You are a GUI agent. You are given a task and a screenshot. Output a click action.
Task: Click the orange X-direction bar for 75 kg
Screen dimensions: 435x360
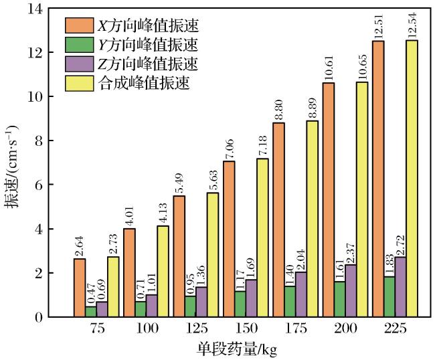(x=80, y=288)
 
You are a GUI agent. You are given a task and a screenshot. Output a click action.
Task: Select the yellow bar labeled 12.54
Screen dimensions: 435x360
(x=412, y=179)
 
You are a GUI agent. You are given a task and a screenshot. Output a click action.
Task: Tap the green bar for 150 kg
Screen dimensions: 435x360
(x=240, y=304)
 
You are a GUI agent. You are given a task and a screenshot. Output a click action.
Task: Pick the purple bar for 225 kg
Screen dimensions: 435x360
(x=401, y=287)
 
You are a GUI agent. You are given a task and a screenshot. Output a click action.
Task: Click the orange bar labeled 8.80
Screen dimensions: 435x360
(x=279, y=219)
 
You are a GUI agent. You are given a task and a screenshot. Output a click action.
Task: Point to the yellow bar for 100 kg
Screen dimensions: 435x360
(x=163, y=271)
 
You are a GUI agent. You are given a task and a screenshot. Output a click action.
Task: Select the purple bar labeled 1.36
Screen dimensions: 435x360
(x=201, y=302)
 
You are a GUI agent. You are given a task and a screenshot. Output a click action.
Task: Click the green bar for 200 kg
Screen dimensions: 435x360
(x=340, y=299)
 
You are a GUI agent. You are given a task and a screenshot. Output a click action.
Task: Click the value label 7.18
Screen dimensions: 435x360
(x=262, y=147)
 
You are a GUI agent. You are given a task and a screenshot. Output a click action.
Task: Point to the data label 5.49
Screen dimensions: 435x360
(x=179, y=184)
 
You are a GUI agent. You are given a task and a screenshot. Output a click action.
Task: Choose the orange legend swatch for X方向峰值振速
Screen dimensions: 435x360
(x=80, y=25)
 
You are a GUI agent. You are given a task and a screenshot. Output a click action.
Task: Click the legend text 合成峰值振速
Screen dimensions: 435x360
(x=145, y=83)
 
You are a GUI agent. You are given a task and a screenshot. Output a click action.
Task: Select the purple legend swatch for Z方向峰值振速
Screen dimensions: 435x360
(x=80, y=64)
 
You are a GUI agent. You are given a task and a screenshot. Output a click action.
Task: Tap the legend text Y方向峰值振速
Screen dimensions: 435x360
(x=149, y=45)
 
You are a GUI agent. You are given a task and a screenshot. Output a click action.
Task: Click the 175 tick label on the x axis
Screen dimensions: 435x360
(x=295, y=329)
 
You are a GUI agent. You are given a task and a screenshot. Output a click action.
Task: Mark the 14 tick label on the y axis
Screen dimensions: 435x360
(x=35, y=9)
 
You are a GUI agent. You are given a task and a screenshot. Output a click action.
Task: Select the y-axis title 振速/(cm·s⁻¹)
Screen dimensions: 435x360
(x=11, y=167)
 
